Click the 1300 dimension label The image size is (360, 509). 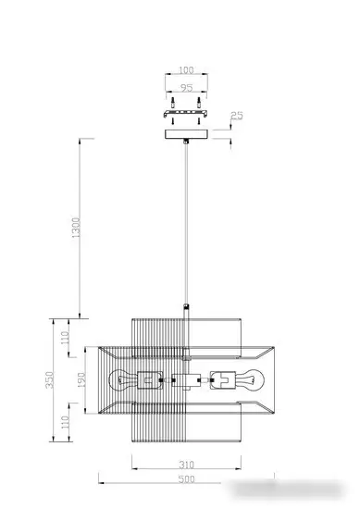75,228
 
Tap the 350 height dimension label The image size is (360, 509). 50,379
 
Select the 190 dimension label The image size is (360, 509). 81,379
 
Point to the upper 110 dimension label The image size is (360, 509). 66,338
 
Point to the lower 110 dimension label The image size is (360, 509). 66,422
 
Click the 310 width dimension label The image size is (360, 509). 187,465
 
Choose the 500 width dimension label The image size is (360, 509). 187,479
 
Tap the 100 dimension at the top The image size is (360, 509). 186,69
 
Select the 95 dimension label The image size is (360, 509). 186,88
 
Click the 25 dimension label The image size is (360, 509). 237,116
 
